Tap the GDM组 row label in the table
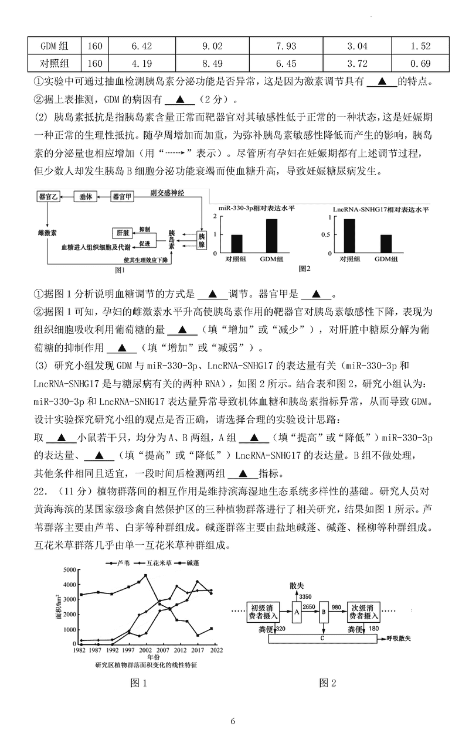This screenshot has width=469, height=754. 55,46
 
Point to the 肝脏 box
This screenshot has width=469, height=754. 123,231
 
